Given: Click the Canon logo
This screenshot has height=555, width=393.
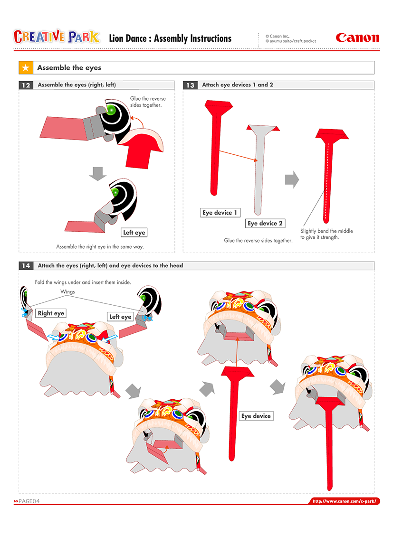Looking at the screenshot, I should (357, 38).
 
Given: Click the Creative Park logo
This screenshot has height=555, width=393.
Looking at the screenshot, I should (57, 37).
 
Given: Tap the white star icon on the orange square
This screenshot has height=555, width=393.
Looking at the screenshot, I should (26, 68).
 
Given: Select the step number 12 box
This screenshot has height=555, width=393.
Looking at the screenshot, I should (26, 85).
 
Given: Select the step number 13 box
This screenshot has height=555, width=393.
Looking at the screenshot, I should (190, 85).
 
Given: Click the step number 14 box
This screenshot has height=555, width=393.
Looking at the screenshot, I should (26, 266).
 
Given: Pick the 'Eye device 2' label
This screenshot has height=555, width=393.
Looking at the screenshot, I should (265, 223).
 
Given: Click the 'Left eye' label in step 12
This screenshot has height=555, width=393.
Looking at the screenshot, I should (134, 233).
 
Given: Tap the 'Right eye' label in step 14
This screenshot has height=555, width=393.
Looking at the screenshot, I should (51, 313).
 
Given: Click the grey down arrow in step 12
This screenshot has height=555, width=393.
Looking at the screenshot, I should (97, 173).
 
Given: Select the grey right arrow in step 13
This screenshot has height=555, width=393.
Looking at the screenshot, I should (291, 179).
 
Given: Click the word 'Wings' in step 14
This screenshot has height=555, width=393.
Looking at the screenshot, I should (67, 292).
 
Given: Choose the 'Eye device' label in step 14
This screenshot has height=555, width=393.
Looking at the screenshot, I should (256, 416).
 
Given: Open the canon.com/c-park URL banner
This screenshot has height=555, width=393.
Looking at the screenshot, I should (345, 501).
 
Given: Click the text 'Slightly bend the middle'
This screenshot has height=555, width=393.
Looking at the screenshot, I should (326, 231).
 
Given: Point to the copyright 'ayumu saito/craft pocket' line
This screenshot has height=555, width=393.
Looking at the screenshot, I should (290, 41).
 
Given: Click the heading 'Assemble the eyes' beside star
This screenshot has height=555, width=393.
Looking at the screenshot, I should (69, 68).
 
